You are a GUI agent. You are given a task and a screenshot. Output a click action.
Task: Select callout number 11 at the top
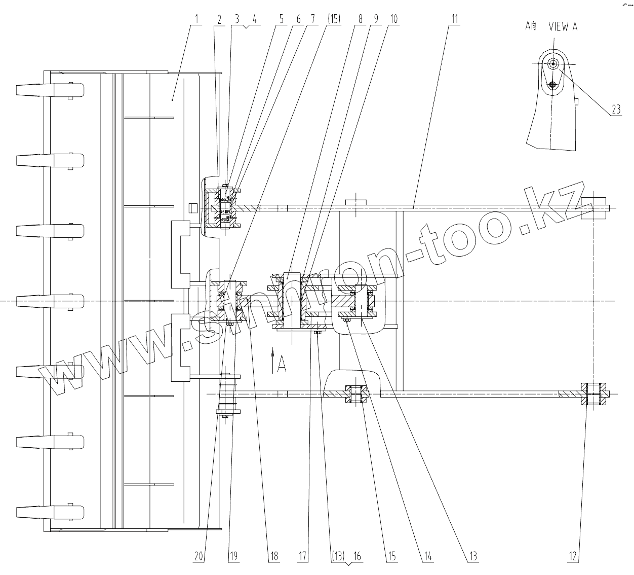[455, 19]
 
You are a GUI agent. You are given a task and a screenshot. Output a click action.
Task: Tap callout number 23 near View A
[615, 109]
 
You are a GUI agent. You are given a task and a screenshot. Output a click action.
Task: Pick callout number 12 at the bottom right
[573, 556]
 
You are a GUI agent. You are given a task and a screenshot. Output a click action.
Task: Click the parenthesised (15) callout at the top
[333, 19]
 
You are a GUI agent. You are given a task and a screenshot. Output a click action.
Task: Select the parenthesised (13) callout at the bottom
[337, 556]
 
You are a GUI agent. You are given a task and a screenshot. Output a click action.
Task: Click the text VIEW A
[563, 27]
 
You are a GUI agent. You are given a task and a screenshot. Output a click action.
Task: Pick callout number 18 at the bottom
[273, 556]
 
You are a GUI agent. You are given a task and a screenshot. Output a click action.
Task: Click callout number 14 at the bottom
[428, 556]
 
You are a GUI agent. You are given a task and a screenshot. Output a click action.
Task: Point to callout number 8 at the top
[360, 19]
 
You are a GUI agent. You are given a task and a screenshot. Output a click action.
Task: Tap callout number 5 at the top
[282, 19]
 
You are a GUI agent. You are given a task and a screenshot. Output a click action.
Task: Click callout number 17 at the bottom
[302, 556]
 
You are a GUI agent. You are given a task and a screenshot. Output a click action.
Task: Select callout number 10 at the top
[393, 19]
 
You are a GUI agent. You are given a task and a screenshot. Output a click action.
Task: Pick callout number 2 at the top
[219, 19]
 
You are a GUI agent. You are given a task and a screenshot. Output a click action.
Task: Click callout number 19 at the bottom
[233, 556]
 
